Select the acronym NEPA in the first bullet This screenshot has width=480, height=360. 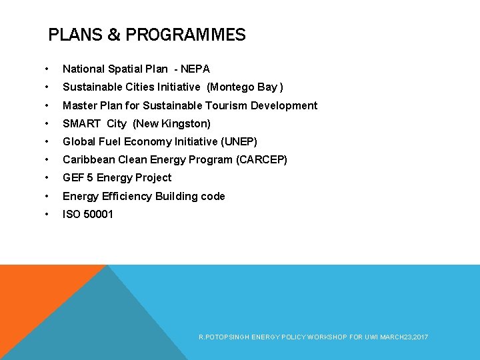click(x=195, y=69)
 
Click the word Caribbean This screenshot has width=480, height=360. click(x=89, y=159)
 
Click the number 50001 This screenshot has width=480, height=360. click(x=98, y=214)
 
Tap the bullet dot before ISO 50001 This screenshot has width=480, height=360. click(x=45, y=214)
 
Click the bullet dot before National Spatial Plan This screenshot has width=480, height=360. click(x=45, y=69)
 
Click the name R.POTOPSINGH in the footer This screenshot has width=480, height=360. click(x=223, y=338)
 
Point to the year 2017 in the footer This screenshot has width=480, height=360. click(x=421, y=338)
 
